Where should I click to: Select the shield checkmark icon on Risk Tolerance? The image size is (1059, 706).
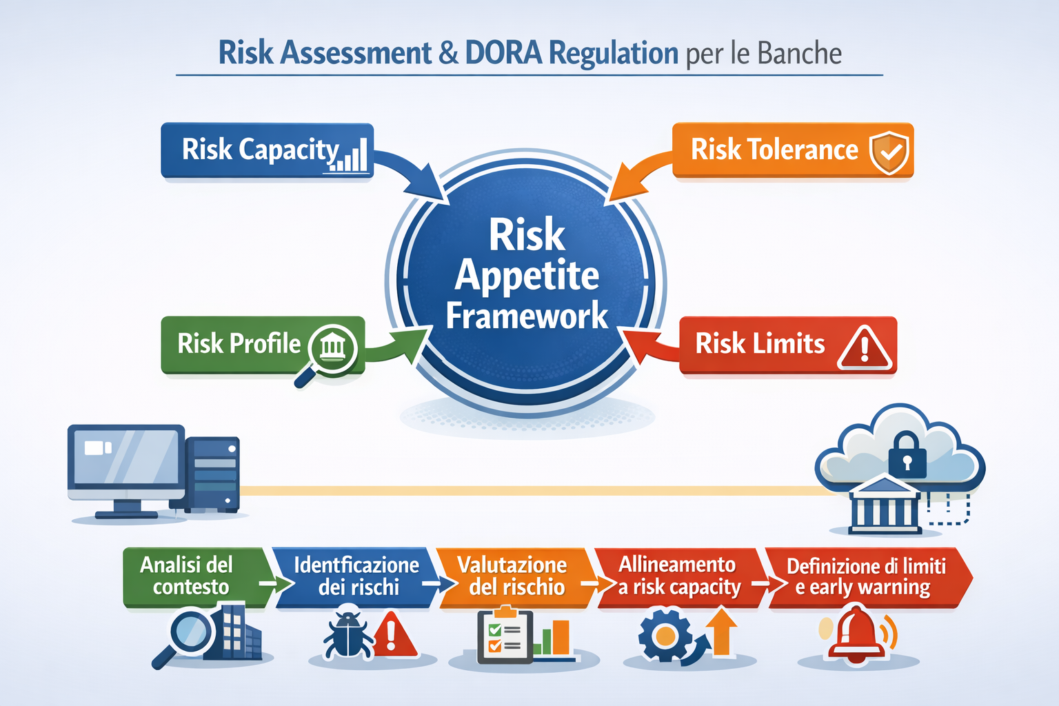coord(889,151)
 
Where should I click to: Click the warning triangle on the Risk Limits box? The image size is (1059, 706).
coord(865,347)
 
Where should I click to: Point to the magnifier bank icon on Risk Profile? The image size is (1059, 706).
coord(332,347)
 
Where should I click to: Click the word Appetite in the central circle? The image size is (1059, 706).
coord(527,276)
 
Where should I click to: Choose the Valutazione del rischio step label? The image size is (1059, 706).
coord(514,576)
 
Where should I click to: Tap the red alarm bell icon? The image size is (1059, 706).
coord(856,634)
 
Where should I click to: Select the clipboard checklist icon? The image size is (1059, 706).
coord(505,636)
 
